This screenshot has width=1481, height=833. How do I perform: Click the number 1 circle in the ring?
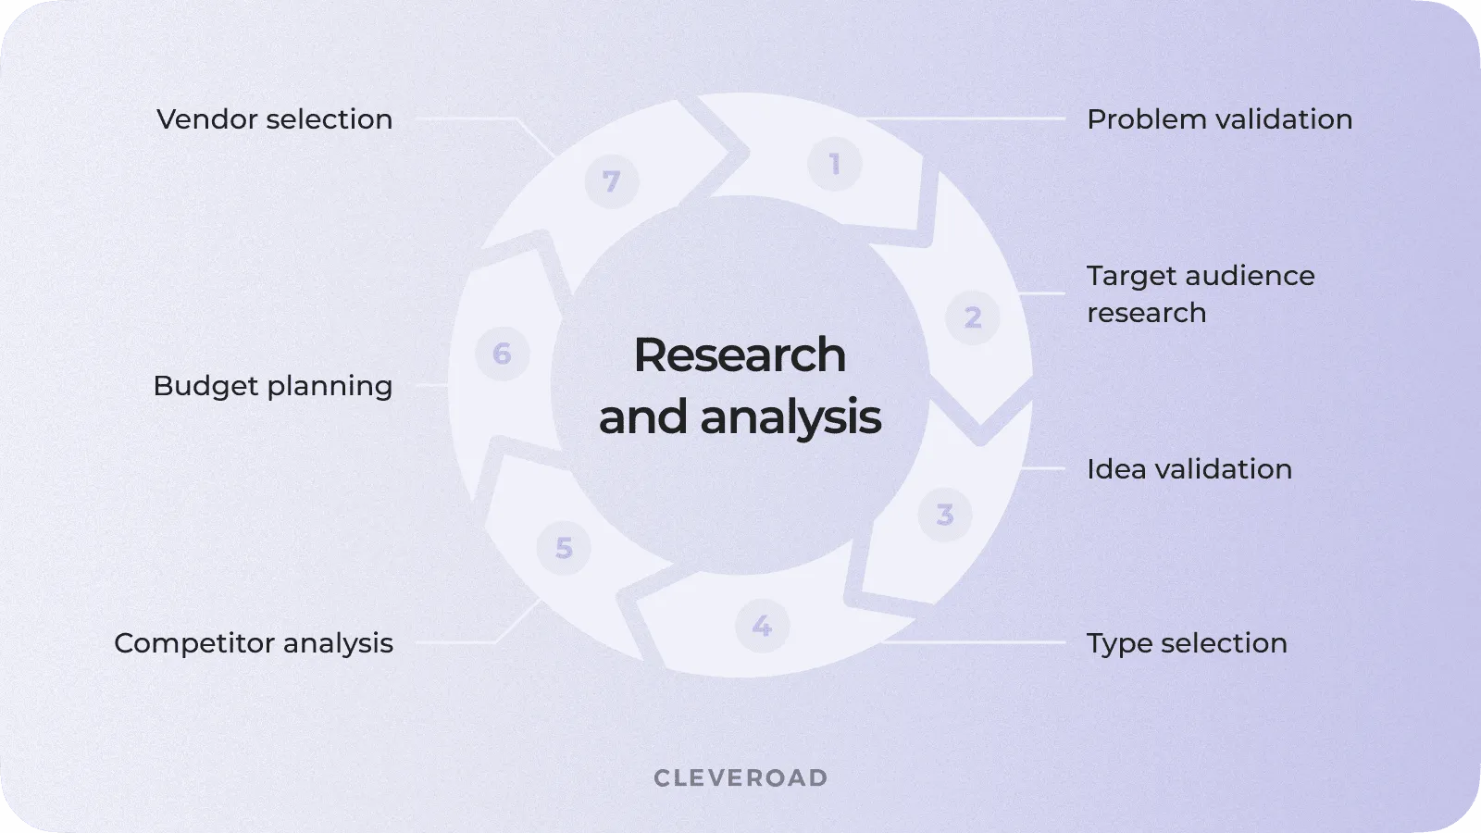pos(834,165)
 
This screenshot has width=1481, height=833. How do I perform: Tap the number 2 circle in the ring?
pos(972,317)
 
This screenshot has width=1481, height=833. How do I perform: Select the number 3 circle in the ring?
pos(944,515)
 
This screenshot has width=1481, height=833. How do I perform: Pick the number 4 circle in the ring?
pos(762,626)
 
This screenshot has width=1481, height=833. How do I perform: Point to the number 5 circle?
pos(564,548)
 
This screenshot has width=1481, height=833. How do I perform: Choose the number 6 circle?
pos(502,354)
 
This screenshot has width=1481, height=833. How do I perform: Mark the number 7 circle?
pos(611,181)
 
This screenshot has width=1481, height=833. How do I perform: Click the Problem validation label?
pos(1219,119)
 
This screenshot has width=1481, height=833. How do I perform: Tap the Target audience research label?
pos(1200,293)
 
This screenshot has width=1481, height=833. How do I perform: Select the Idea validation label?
pos(1189,469)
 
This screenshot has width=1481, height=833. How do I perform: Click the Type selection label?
pos(1187,643)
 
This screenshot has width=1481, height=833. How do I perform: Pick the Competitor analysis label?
pos(254,643)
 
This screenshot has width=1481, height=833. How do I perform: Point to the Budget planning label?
pos(273,386)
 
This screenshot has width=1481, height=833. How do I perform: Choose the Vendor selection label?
pos(274,119)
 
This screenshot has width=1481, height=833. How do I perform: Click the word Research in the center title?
pos(740,355)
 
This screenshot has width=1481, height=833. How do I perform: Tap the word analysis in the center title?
pos(790,417)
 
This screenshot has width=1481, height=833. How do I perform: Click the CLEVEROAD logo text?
pos(740,778)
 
